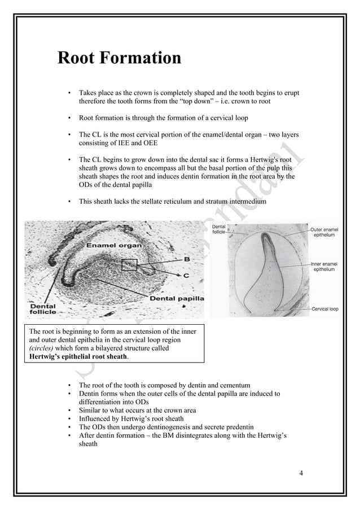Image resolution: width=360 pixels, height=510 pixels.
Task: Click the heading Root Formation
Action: tap(119, 58)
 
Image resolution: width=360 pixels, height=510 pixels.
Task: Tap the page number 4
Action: tap(301, 472)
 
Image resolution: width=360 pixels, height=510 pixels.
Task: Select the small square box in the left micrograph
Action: tap(129, 264)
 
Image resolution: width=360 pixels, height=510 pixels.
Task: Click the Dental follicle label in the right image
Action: tap(219, 229)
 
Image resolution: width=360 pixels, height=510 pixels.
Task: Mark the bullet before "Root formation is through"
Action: tap(69, 118)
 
